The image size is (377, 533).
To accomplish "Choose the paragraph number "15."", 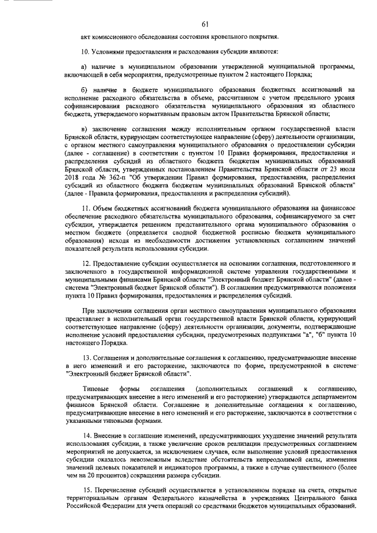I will coord(86,490).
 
